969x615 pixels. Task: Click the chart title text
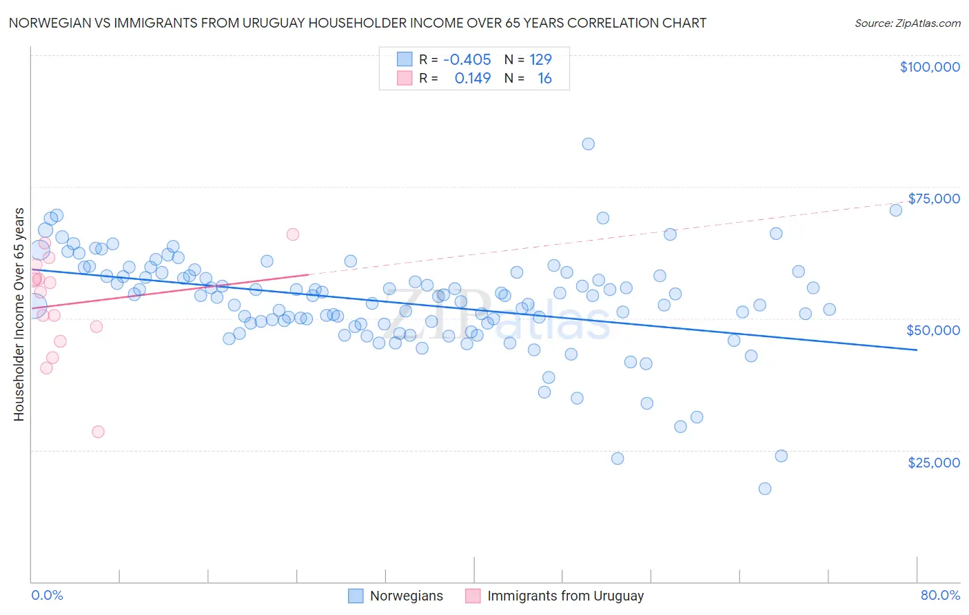pyautogui.click(x=357, y=23)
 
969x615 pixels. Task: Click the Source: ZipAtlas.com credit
pyautogui.click(x=907, y=23)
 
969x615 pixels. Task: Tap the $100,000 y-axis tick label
pyautogui.click(x=929, y=67)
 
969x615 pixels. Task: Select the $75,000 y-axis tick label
pyautogui.click(x=933, y=199)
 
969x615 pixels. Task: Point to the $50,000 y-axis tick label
pyautogui.click(x=932, y=330)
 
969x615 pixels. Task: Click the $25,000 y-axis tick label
pyautogui.click(x=933, y=463)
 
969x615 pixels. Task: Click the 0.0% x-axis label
pyautogui.click(x=47, y=595)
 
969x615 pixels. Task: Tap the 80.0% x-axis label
pyautogui.click(x=939, y=595)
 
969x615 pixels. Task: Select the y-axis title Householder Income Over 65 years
pyautogui.click(x=19, y=314)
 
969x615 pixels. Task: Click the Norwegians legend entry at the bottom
pyautogui.click(x=406, y=596)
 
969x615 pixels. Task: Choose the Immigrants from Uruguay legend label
pyautogui.click(x=565, y=596)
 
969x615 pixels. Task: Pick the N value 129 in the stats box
pyautogui.click(x=540, y=60)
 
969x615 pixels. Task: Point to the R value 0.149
pyautogui.click(x=472, y=79)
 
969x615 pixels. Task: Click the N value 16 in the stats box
pyautogui.click(x=544, y=79)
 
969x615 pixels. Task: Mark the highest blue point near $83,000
pyautogui.click(x=588, y=144)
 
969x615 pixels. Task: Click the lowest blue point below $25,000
pyautogui.click(x=764, y=489)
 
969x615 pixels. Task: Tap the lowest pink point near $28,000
pyautogui.click(x=98, y=432)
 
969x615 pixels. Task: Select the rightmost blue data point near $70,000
pyautogui.click(x=895, y=210)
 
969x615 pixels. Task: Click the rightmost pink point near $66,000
pyautogui.click(x=292, y=234)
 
